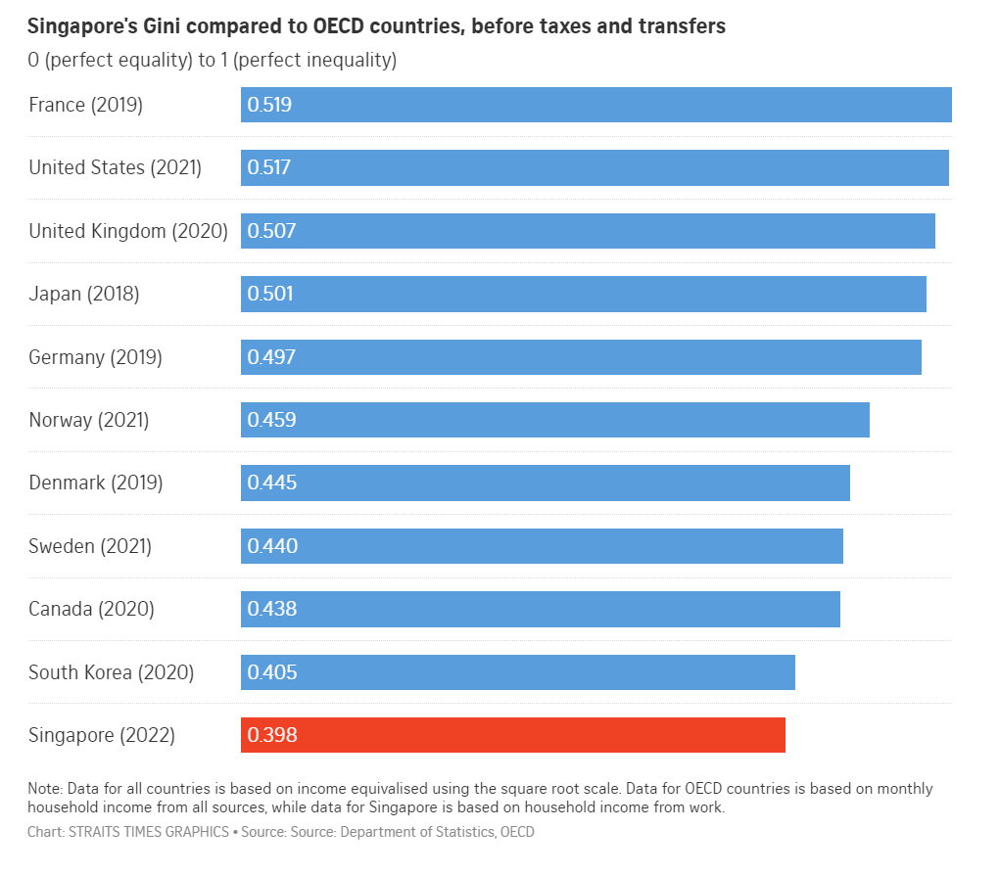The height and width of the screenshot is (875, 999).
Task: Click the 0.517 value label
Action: (269, 167)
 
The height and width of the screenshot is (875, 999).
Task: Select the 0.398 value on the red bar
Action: (271, 735)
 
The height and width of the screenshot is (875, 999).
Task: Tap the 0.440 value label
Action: (272, 546)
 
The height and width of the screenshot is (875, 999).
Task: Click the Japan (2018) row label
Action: (84, 294)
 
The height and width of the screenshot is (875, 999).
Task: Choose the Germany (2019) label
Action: (95, 357)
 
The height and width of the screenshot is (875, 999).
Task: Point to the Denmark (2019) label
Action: (95, 483)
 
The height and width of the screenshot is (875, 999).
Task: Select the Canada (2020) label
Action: (91, 609)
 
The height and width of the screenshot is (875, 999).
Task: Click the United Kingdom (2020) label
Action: (128, 231)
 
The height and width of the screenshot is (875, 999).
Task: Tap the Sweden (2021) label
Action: (90, 546)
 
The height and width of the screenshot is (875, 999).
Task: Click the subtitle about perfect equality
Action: (212, 61)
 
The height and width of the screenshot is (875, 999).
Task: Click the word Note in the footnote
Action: (43, 789)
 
